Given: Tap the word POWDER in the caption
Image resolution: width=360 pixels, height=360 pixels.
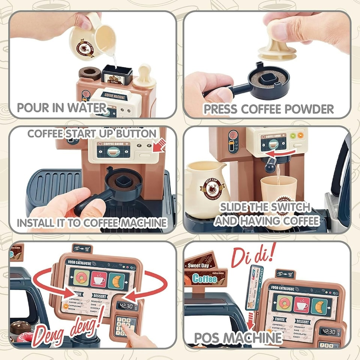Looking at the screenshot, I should [309, 109].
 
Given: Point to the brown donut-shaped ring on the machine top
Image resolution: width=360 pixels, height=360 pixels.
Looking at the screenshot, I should [90, 73].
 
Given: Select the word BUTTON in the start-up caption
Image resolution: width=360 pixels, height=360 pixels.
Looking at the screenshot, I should [135, 133].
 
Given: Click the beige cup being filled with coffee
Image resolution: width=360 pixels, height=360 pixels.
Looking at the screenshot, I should [278, 193].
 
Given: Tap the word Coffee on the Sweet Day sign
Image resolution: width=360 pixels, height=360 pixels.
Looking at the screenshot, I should [205, 278].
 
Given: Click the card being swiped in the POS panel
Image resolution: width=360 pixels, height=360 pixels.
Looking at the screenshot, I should [254, 287].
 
